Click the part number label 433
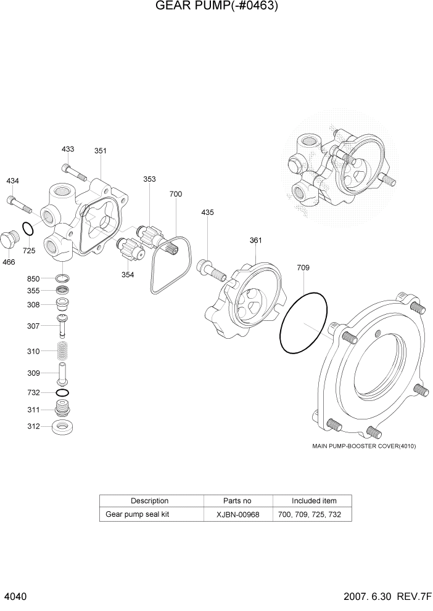pos(68,149)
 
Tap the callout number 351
pos(100,150)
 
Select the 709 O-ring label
pos(303,268)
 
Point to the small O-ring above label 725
pos(28,229)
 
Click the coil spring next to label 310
pos(62,351)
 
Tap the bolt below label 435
pos(209,267)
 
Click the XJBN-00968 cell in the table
pos(237,514)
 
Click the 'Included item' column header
pos(313,501)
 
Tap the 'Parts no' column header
pos(237,501)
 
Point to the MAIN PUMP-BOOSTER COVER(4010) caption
pos(364,446)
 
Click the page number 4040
pos(15,597)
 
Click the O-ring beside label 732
pos(62,392)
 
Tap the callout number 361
pos(256,240)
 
